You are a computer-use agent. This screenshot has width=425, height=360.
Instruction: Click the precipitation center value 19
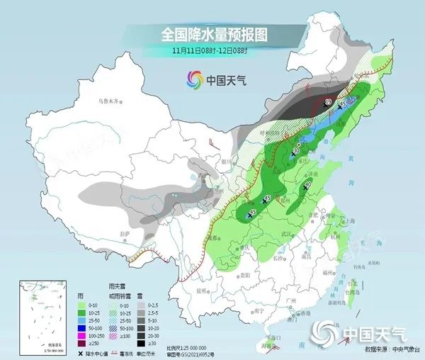tap(327, 103)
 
